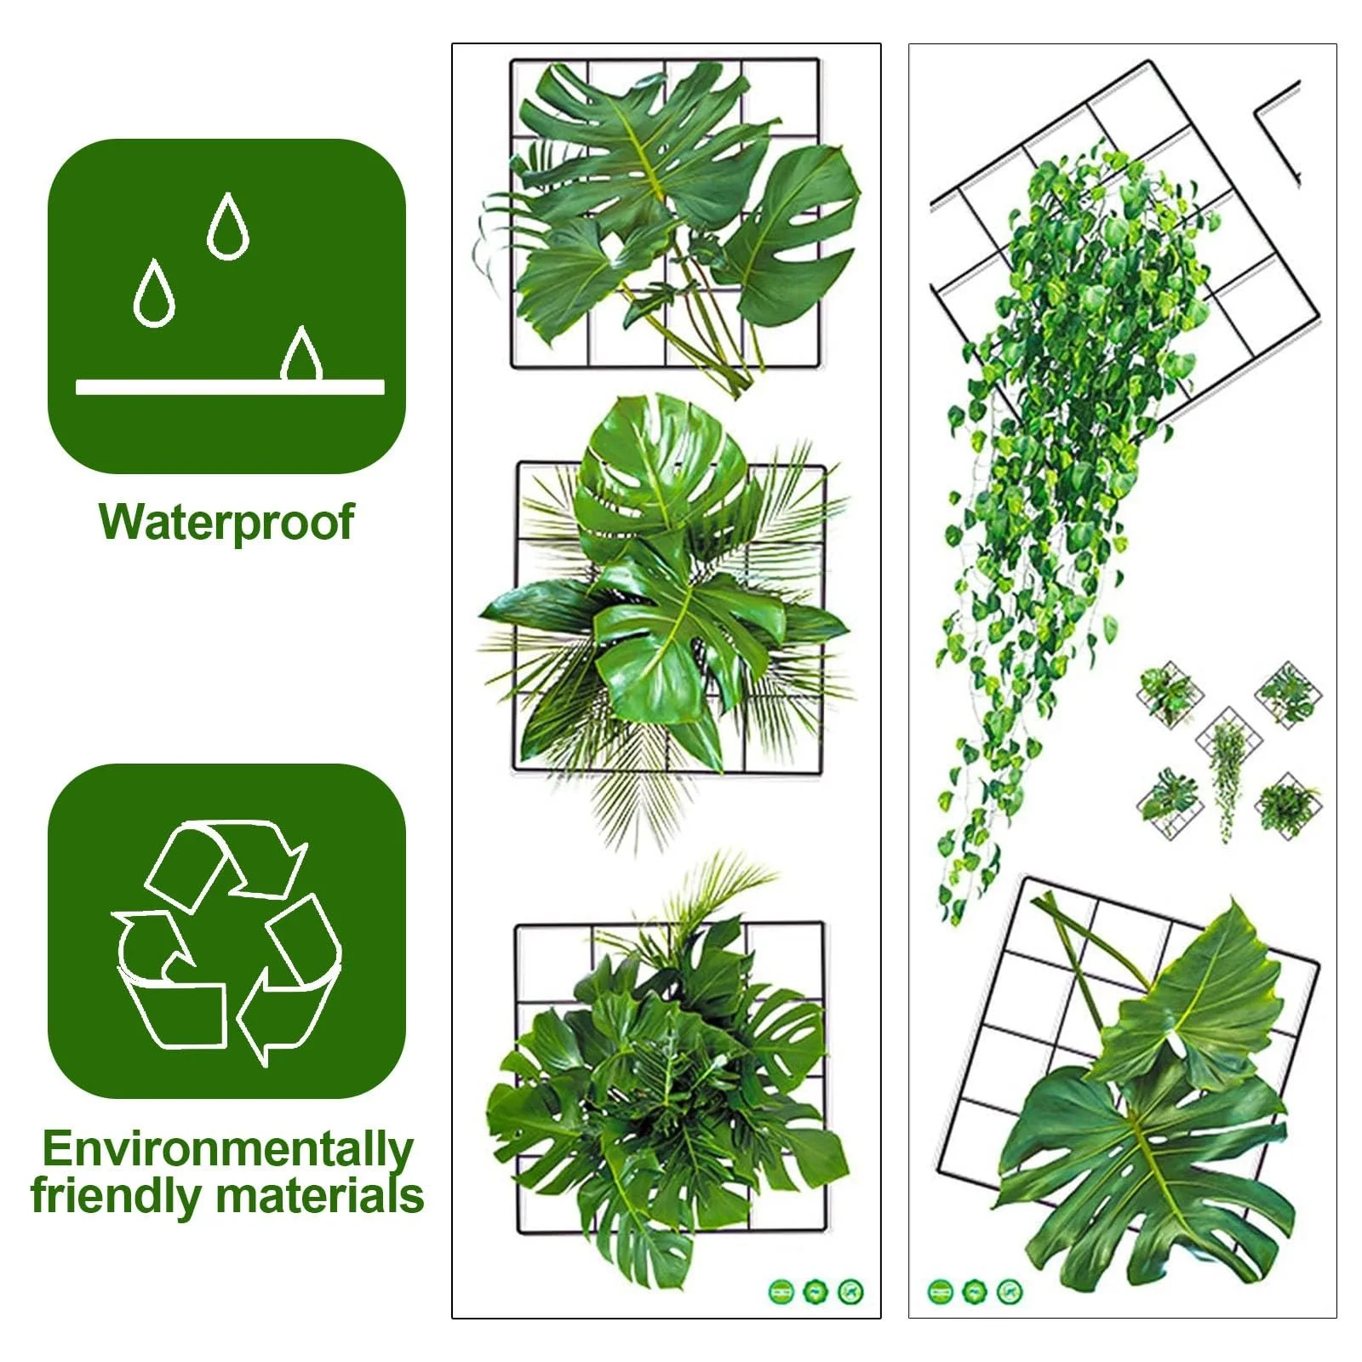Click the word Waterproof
pyautogui.click(x=226, y=522)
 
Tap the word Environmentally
pyautogui.click(x=228, y=1149)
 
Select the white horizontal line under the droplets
pyautogui.click(x=230, y=387)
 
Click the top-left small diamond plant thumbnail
pyautogui.click(x=1169, y=694)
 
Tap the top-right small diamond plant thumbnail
pyautogui.click(x=1288, y=693)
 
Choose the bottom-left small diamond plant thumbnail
pyautogui.click(x=1169, y=805)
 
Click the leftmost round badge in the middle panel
pyautogui.click(x=780, y=1291)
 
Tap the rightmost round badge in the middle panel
pyautogui.click(x=850, y=1291)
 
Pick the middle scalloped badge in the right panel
pyautogui.click(x=974, y=1292)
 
